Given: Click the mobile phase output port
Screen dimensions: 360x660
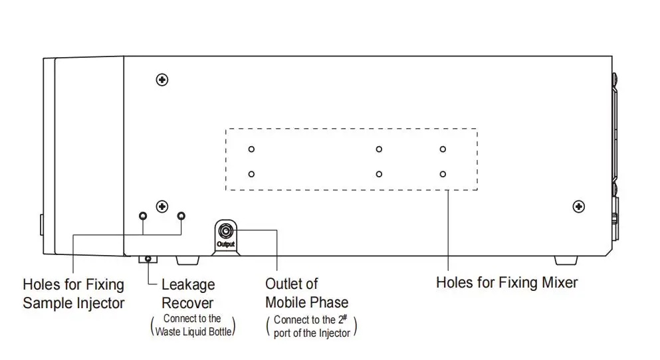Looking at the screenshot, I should (x=226, y=230).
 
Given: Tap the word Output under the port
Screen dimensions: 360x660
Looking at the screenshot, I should (x=226, y=244).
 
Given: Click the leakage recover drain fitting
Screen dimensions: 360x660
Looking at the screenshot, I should (x=148, y=258).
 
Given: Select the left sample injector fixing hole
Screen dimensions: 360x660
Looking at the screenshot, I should (x=143, y=216).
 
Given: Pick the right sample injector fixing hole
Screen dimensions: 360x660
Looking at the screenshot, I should (x=181, y=216).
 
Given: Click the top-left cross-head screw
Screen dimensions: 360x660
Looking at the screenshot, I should (x=162, y=80).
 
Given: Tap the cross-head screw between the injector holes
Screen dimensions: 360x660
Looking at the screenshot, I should (x=162, y=207).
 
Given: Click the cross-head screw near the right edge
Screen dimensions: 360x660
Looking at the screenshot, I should (x=578, y=207).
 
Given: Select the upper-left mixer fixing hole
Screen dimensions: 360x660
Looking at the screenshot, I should (x=251, y=149).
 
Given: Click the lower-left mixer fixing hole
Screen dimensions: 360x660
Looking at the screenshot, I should (x=251, y=174).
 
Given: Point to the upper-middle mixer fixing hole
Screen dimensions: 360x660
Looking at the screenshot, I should (x=379, y=149).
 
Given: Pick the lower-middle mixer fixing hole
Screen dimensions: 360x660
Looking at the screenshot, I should (x=379, y=174).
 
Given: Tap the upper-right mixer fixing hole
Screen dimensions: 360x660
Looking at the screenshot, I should (x=443, y=149).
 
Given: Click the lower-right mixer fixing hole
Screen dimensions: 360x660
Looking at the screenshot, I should (x=443, y=174).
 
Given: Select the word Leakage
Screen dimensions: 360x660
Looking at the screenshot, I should (x=188, y=285).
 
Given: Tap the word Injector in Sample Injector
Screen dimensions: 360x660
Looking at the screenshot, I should (x=99, y=304).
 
